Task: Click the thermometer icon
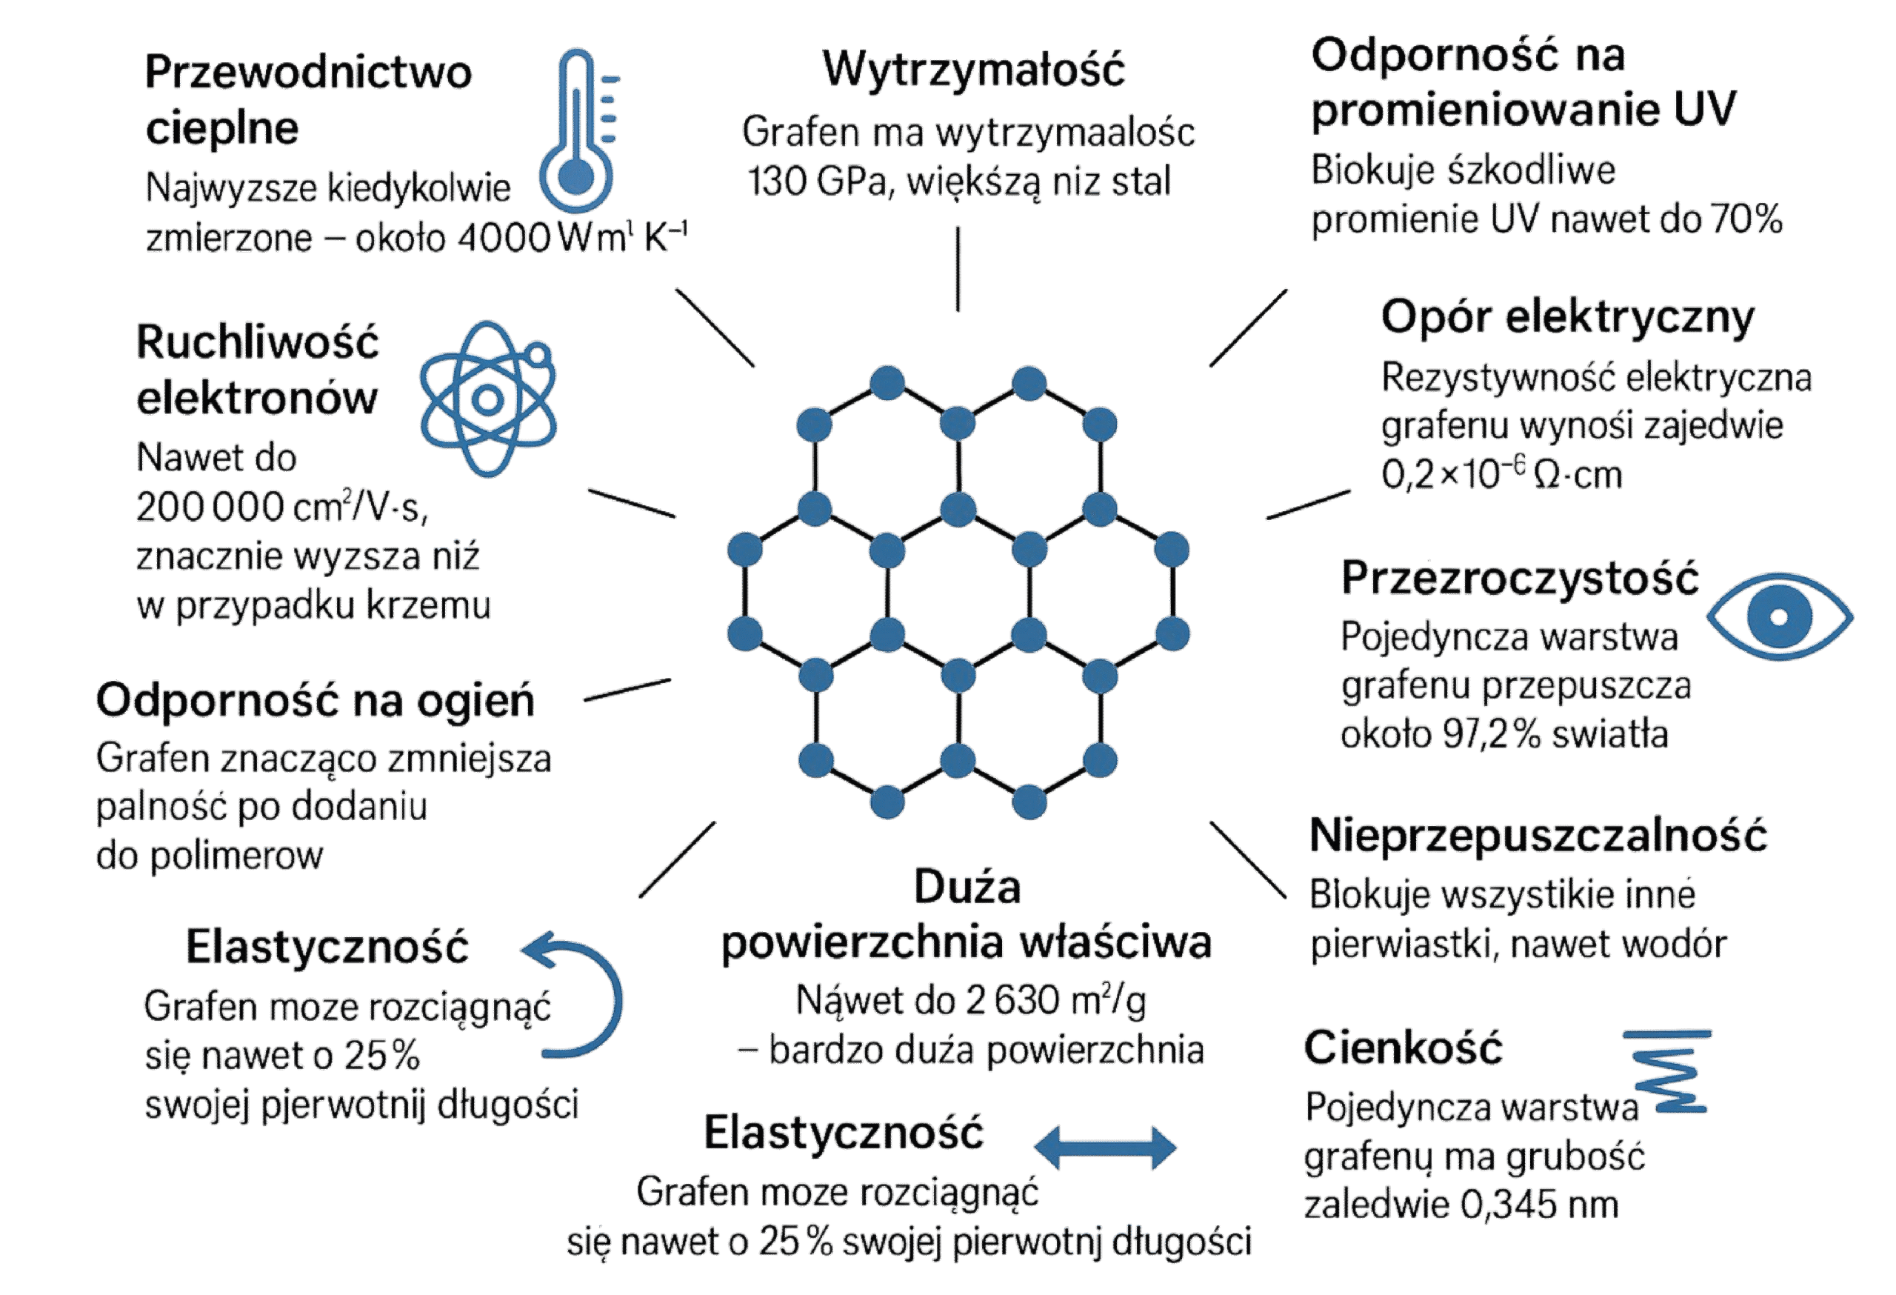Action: coord(578,130)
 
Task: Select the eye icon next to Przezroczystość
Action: coord(1779,617)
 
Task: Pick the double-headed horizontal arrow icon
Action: coord(1106,1148)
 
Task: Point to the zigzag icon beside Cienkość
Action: coord(1669,1071)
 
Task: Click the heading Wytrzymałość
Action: coord(973,69)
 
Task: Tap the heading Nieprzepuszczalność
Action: coord(1538,835)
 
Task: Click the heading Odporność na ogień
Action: coord(315,700)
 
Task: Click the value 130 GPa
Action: coord(816,182)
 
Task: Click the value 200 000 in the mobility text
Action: coord(210,507)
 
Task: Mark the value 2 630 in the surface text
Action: coord(1012,1000)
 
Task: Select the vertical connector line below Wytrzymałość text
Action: coord(958,268)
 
